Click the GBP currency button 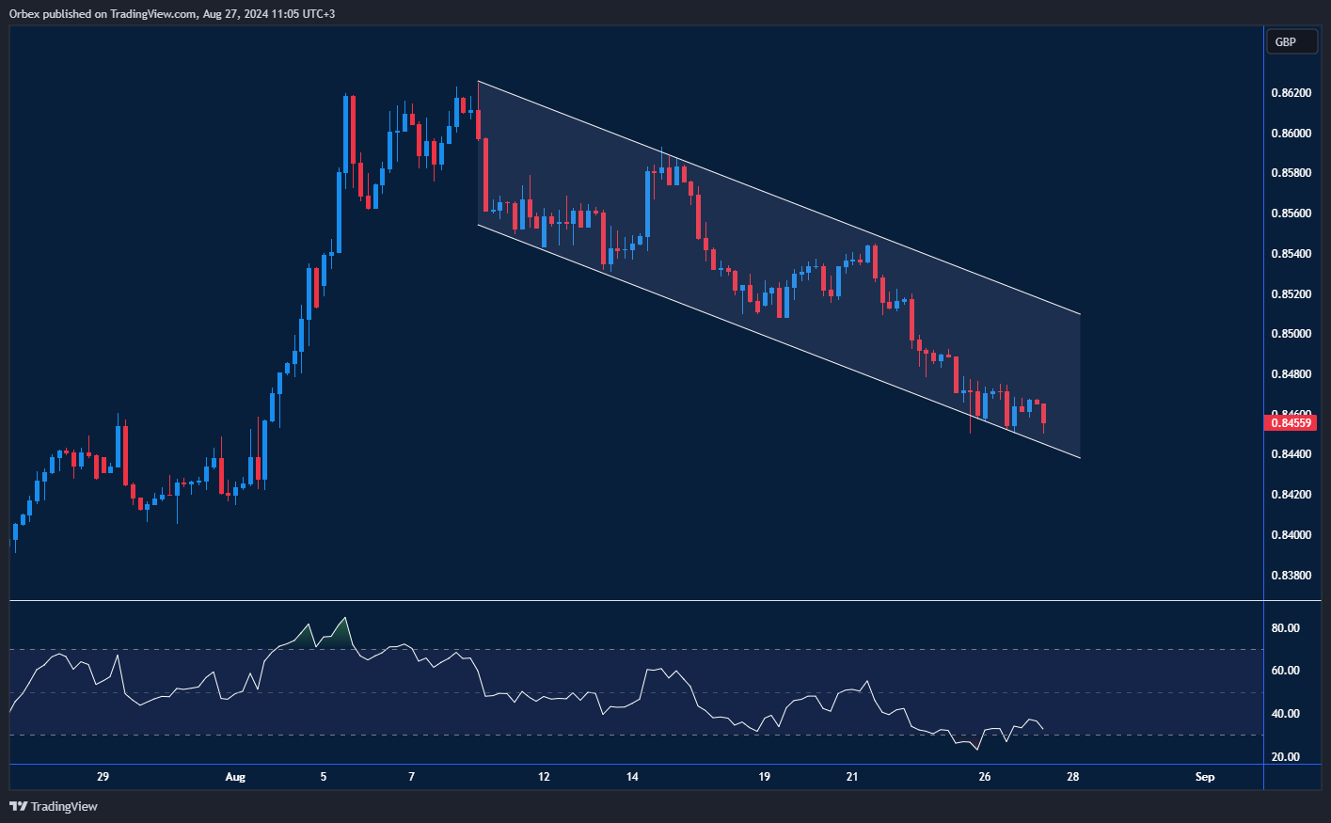pos(1291,41)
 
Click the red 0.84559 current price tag pos(1291,423)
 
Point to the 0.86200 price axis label pos(1291,93)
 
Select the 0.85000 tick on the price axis pos(1291,334)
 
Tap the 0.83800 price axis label pos(1291,576)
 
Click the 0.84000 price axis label pos(1291,535)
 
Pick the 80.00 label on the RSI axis pos(1285,628)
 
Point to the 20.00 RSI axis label pos(1285,757)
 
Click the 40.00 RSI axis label pos(1285,714)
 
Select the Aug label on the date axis pos(235,777)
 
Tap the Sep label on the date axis pos(1205,777)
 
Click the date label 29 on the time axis pos(103,777)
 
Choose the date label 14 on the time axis pos(632,777)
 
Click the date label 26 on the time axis pos(985,777)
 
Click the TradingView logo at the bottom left pos(54,806)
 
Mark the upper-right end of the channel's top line pos(1080,313)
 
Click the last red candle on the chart pos(1044,414)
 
